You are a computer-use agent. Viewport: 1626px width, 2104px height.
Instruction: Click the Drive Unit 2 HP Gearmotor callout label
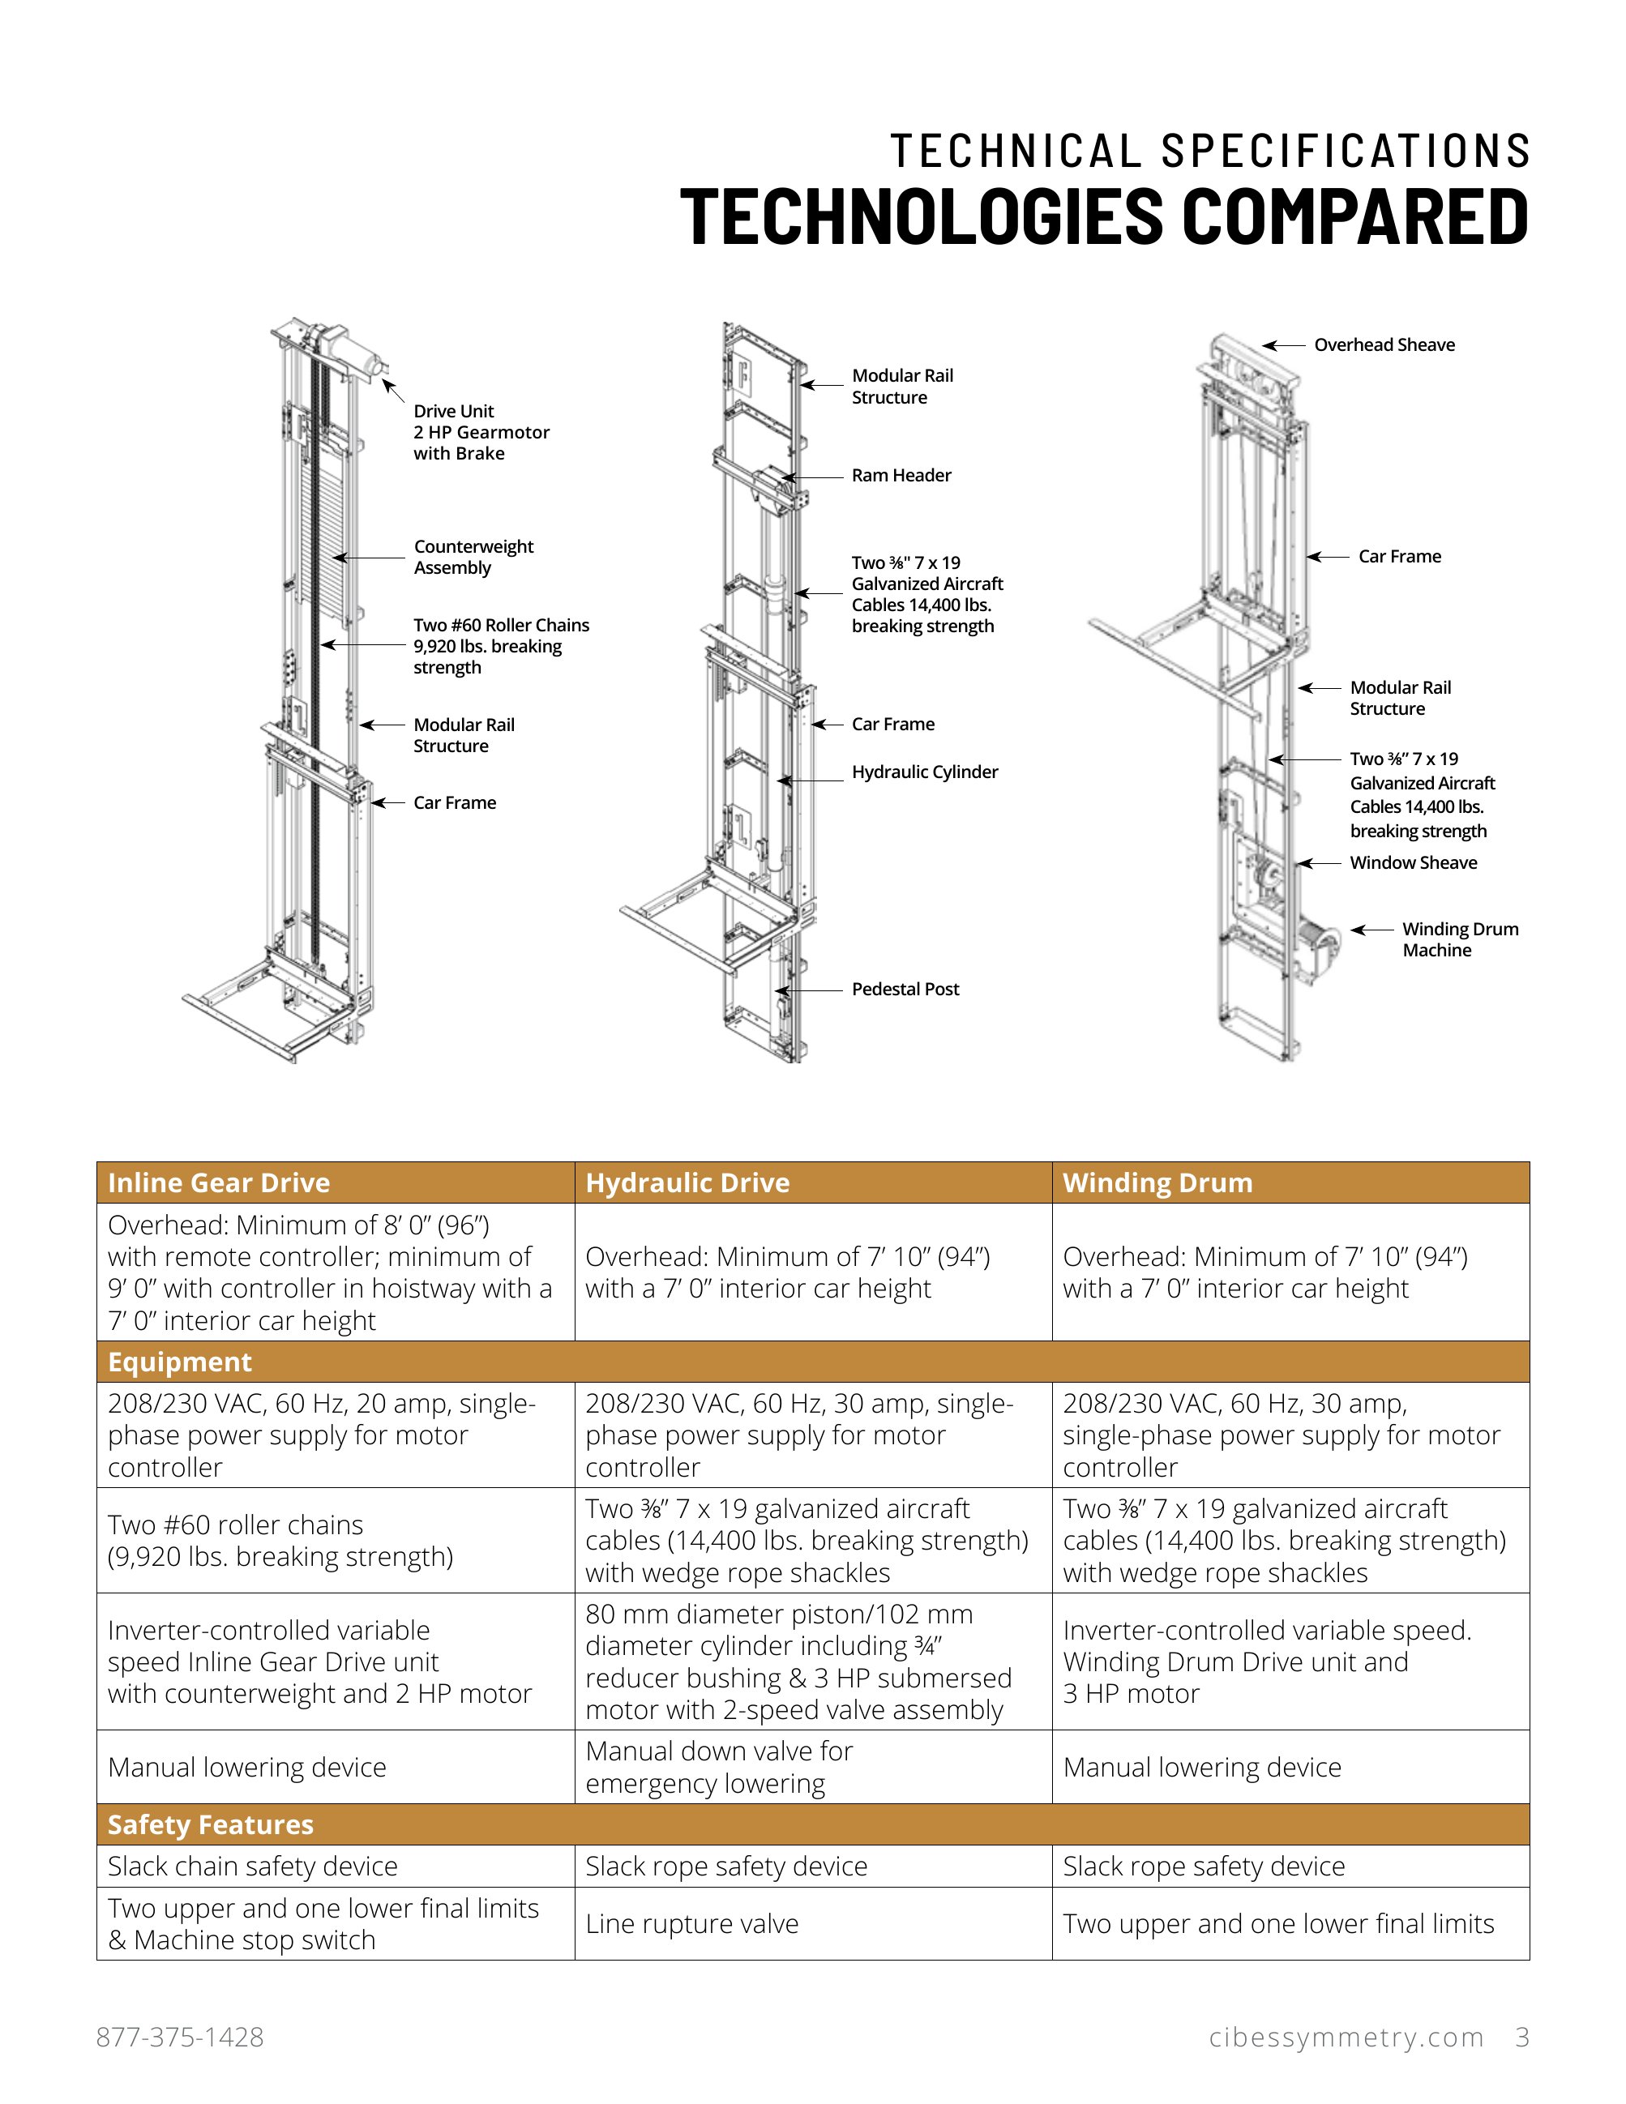pos(481,432)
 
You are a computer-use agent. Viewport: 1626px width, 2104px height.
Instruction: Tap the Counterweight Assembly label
pos(473,557)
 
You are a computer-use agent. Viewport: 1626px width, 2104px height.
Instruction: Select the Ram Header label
pos(901,475)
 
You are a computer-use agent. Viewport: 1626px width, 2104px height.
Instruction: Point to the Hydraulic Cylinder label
pos(924,772)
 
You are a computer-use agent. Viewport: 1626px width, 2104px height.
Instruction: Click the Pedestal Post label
pos(905,989)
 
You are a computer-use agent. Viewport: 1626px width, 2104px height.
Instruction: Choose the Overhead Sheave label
pos(1384,345)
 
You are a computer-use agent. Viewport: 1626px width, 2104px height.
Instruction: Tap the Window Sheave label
pos(1412,862)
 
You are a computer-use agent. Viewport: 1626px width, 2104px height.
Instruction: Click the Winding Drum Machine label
pos(1459,939)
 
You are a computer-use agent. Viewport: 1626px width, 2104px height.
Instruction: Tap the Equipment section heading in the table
pos(179,1362)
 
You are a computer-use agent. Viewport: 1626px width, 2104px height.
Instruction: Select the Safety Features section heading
pos(210,1824)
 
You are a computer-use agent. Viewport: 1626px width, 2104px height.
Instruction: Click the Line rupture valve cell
pos(691,1923)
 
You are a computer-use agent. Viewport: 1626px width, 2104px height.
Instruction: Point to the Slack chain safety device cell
pos(252,1865)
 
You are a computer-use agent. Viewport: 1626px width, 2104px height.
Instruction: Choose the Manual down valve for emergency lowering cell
pos(719,1766)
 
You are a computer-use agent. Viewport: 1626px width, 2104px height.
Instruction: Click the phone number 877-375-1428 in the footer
pos(180,2037)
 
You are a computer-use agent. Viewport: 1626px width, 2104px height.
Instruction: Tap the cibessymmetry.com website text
pos(1346,2037)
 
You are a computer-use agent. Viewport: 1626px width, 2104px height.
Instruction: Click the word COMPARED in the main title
pos(1354,216)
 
